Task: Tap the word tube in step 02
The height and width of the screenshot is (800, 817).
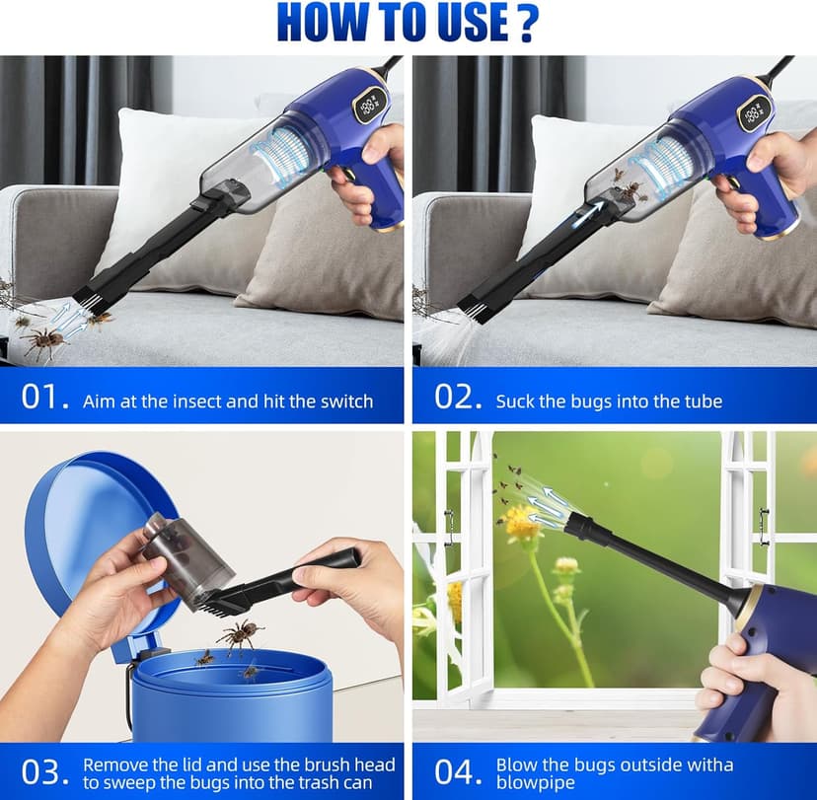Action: click(x=701, y=401)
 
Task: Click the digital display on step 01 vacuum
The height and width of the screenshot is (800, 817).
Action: click(x=371, y=104)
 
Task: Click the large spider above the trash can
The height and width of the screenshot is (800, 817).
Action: click(x=239, y=634)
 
